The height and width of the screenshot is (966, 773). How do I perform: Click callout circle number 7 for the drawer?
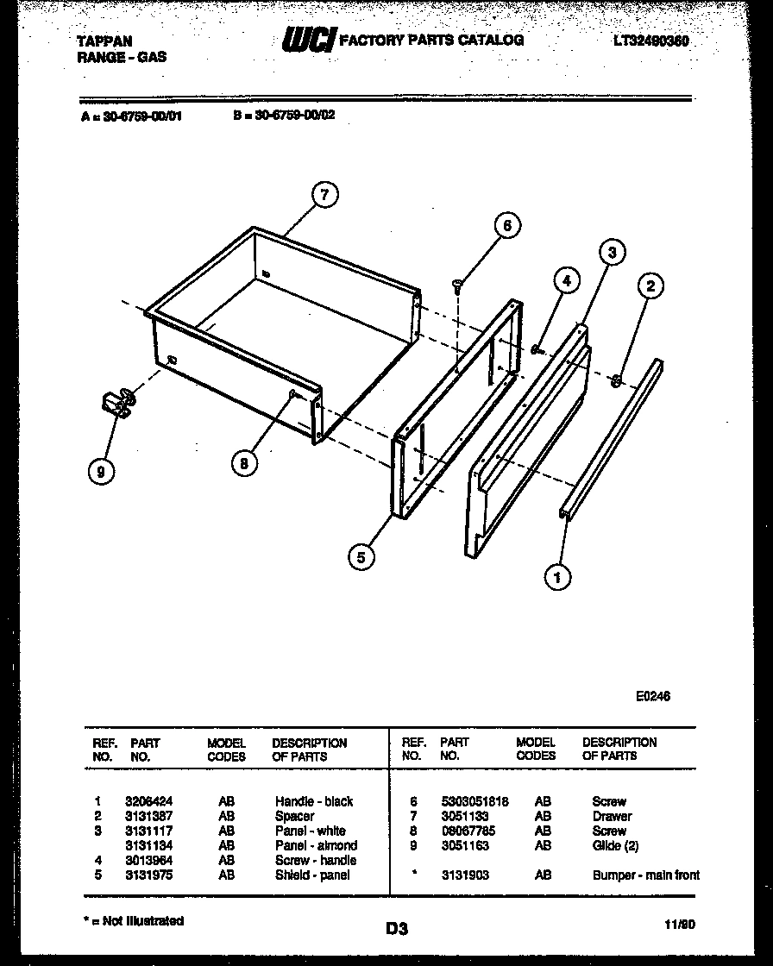[324, 195]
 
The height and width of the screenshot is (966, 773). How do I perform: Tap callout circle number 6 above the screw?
[507, 226]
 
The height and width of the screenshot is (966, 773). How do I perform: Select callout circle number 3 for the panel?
[611, 253]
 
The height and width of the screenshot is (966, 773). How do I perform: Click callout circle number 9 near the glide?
[102, 471]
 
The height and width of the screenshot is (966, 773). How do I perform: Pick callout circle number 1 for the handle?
[558, 576]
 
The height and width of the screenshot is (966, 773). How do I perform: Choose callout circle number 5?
[361, 557]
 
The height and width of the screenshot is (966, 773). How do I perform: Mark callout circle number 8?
[244, 463]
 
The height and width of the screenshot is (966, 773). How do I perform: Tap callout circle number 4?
[565, 280]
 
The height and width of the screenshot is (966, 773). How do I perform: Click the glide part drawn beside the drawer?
[117, 403]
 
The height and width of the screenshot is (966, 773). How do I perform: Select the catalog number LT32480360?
[651, 41]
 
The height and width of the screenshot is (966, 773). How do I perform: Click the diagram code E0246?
[652, 697]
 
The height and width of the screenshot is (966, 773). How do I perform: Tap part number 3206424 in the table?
[142, 801]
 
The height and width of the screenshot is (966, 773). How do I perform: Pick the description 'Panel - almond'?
[316, 845]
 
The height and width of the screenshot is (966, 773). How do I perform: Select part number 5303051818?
[474, 801]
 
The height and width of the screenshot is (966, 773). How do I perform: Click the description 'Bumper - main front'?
[645, 875]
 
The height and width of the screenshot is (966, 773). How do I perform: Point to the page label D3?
[396, 929]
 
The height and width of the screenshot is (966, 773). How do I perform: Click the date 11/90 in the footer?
[681, 924]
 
